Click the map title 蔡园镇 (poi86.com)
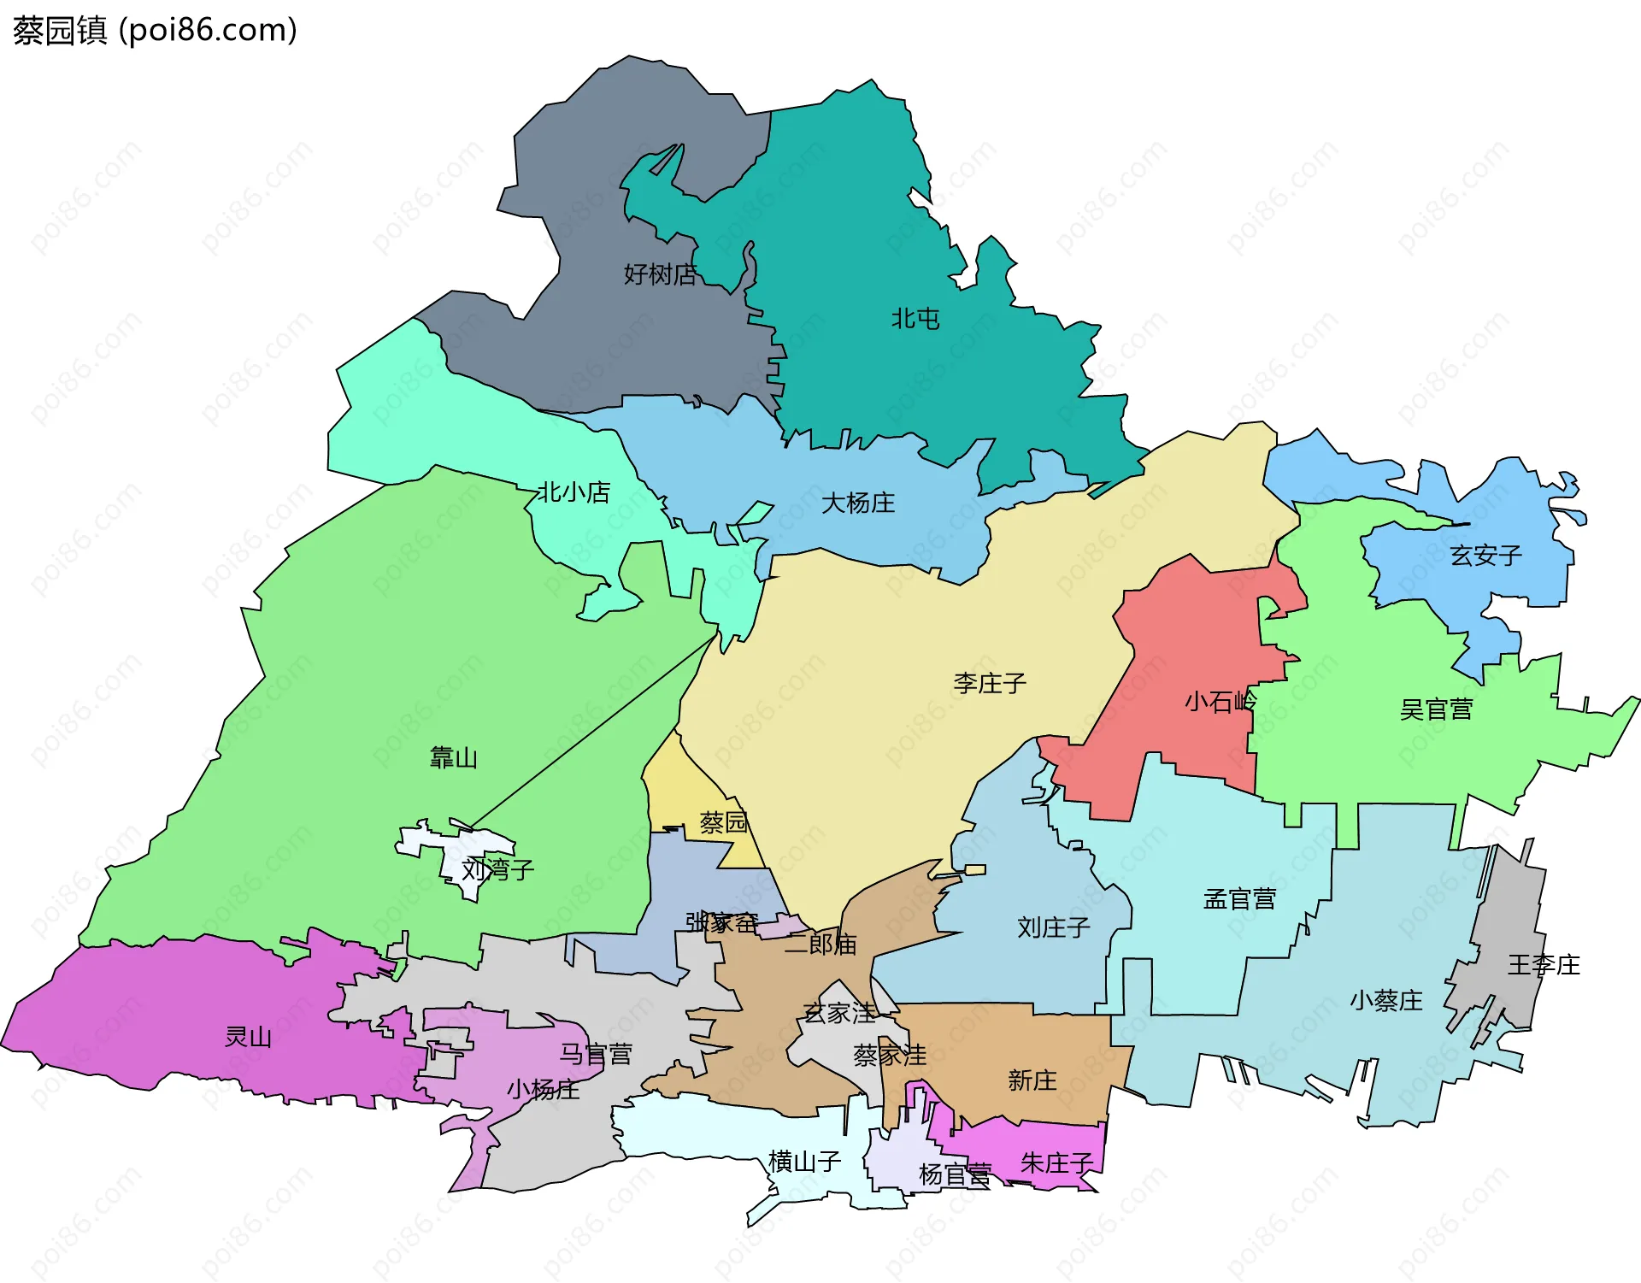pyautogui.click(x=155, y=31)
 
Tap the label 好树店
pyautogui.click(x=660, y=274)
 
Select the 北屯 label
pyautogui.click(x=915, y=319)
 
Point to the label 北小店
pyautogui.click(x=573, y=492)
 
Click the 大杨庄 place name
pyautogui.click(x=858, y=503)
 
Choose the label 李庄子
pyautogui.click(x=990, y=683)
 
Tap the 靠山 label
pyautogui.click(x=453, y=757)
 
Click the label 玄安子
pyautogui.click(x=1486, y=556)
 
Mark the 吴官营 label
pyautogui.click(x=1436, y=709)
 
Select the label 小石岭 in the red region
pyautogui.click(x=1220, y=702)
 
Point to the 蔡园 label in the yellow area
pyautogui.click(x=723, y=822)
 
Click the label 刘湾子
pyautogui.click(x=497, y=870)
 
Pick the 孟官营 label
pyautogui.click(x=1239, y=899)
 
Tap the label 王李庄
pyautogui.click(x=1544, y=965)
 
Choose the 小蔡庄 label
pyautogui.click(x=1385, y=1000)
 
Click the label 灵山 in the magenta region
pyautogui.click(x=248, y=1037)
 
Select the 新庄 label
pyautogui.click(x=1032, y=1080)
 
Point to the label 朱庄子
pyautogui.click(x=1056, y=1162)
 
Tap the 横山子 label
pyautogui.click(x=804, y=1161)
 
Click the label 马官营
pyautogui.click(x=596, y=1054)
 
